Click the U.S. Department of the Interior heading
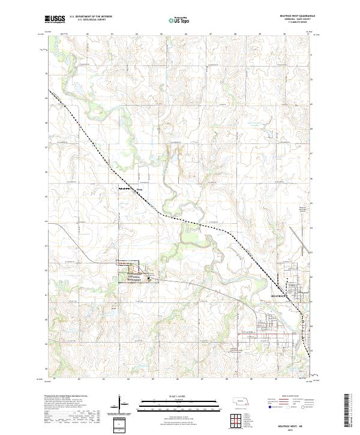pos(91,17)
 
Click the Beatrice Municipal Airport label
pos(302,210)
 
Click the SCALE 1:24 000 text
pos(179,395)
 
